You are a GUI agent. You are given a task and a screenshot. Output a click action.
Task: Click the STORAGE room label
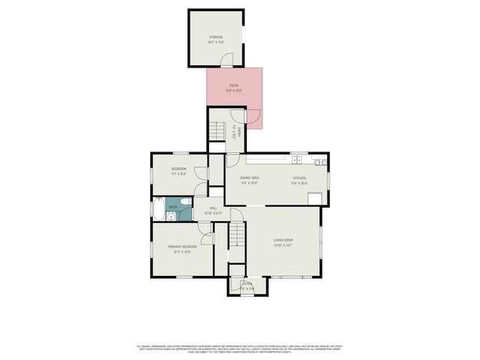tap(215, 37)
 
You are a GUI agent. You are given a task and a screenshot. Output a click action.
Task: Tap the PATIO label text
tap(234, 85)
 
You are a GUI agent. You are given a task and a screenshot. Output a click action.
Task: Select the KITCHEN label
tap(300, 178)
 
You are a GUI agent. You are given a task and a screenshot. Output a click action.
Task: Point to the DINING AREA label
tap(250, 178)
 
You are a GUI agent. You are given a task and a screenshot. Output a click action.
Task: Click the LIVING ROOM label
tap(283, 240)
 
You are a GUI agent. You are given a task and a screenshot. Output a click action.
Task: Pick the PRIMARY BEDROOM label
tap(182, 247)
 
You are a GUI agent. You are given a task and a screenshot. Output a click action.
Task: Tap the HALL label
tap(213, 208)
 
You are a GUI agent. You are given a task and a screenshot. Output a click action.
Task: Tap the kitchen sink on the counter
tap(298, 160)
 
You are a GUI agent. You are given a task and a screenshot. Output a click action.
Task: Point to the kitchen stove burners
tap(319, 161)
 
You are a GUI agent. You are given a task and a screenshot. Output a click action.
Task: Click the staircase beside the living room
tap(238, 234)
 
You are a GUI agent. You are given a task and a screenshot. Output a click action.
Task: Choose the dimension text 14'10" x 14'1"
tap(283, 245)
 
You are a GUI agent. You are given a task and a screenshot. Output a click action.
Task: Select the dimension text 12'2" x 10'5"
tap(182, 252)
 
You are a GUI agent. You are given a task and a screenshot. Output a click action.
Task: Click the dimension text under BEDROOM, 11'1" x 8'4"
tap(178, 174)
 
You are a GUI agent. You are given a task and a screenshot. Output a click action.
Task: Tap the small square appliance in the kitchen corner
tap(314, 198)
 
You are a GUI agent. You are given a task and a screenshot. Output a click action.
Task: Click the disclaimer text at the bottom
tap(240, 348)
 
